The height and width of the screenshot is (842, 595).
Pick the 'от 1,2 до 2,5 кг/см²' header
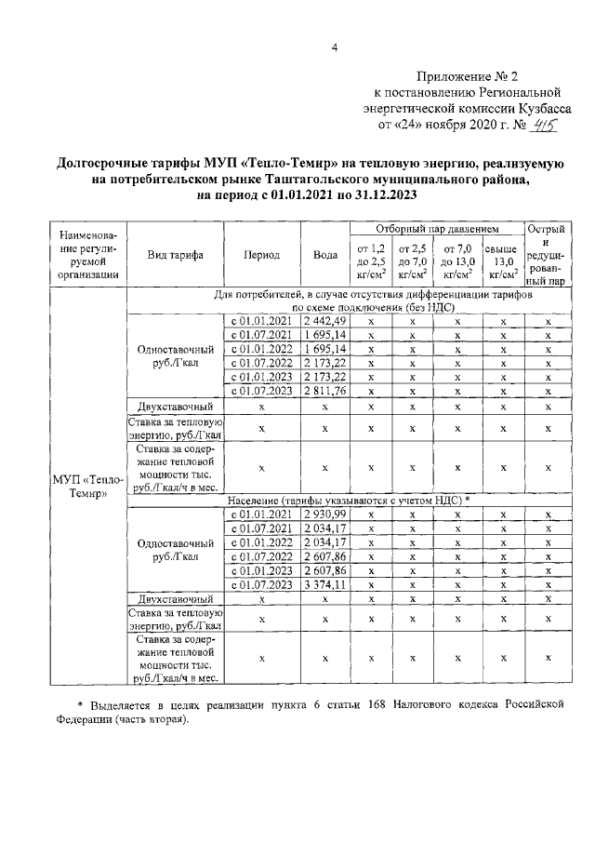[x=370, y=261]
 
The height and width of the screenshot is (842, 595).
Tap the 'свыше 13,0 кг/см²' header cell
[x=502, y=261]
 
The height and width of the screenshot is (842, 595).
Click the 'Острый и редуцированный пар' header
[x=548, y=254]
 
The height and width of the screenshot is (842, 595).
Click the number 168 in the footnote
[x=377, y=705]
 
